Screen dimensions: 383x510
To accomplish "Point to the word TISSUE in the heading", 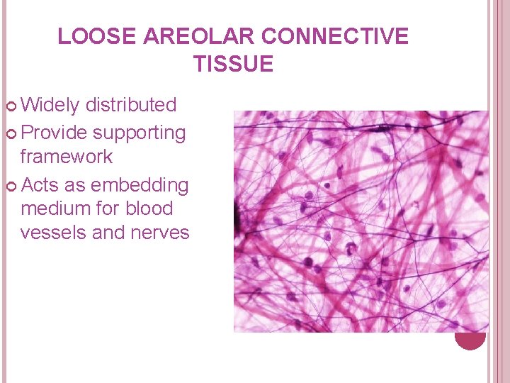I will [233, 65].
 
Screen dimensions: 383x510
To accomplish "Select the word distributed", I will [130, 106].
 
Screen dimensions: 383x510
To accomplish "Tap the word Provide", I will [55, 133].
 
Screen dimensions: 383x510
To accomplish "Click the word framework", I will [67, 156].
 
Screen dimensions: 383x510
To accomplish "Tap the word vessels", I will [49, 233].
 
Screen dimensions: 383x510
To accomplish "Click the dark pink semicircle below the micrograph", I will [470, 340].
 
